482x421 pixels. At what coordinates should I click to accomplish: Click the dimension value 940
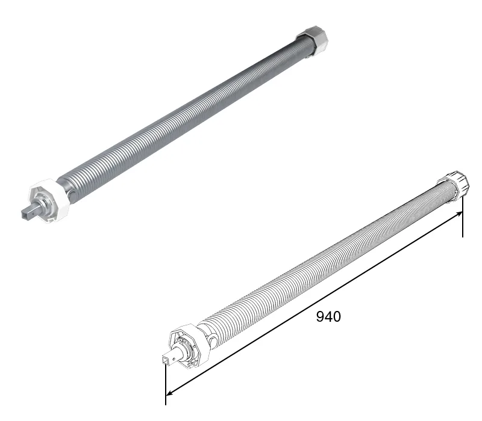(328, 316)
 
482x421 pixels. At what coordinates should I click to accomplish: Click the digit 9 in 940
(321, 316)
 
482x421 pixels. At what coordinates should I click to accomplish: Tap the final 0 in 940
(337, 316)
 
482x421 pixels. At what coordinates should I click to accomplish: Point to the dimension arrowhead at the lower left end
(169, 393)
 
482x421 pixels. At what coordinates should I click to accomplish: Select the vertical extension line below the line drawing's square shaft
(166, 384)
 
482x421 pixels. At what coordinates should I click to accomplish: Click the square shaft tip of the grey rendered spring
(28, 213)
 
